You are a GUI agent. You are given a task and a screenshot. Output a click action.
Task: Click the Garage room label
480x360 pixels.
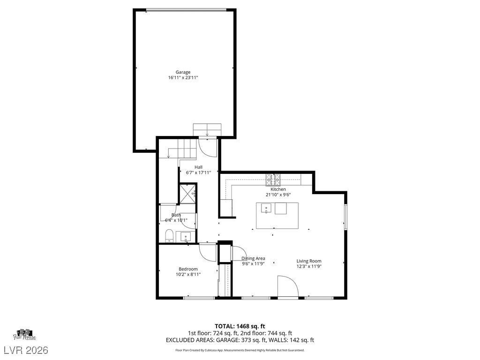pos(183,72)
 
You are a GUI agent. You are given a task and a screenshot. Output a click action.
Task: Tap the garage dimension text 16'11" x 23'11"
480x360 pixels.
pos(183,78)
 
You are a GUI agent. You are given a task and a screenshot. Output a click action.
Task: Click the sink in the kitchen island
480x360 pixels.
pos(266,209)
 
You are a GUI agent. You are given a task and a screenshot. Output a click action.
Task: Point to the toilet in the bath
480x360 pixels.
pos(169,236)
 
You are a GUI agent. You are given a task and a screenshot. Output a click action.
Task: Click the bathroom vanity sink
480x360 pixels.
pos(186,237)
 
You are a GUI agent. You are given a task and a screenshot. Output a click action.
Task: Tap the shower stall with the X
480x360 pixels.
pos(188,193)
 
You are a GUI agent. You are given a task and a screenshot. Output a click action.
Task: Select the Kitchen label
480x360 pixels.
pos(275,189)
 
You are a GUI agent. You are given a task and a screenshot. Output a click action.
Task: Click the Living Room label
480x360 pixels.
pos(309,261)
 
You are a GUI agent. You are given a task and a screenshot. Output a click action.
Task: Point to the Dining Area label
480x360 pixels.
pos(253,258)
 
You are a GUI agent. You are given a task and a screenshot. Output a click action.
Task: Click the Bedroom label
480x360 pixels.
pos(187,269)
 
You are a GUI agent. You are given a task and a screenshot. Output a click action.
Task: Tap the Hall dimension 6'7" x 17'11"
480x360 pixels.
pos(198,172)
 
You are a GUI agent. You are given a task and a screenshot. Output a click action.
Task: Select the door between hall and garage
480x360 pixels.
pos(208,146)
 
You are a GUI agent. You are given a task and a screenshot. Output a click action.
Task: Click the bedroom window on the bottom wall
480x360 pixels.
pos(192,298)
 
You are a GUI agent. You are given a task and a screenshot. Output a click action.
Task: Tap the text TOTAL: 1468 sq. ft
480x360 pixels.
pos(240,326)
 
